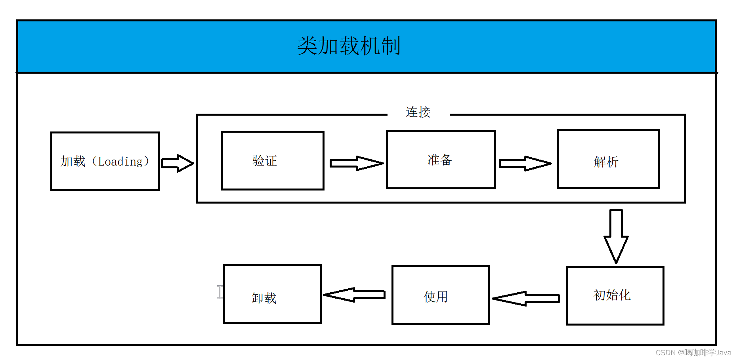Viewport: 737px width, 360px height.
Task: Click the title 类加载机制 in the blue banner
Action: coord(349,46)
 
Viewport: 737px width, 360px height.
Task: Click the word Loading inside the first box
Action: coord(120,162)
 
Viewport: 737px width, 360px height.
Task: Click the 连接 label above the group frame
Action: coord(418,112)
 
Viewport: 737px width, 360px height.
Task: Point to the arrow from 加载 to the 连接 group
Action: coord(178,163)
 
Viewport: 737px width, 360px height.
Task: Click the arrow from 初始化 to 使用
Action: coord(526,299)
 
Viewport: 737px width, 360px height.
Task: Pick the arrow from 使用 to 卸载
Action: coord(354,295)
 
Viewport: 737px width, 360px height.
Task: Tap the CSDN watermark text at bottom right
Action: coord(693,352)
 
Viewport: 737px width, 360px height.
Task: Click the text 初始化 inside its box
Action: coord(612,295)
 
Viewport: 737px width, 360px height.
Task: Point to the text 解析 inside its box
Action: coord(606,162)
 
